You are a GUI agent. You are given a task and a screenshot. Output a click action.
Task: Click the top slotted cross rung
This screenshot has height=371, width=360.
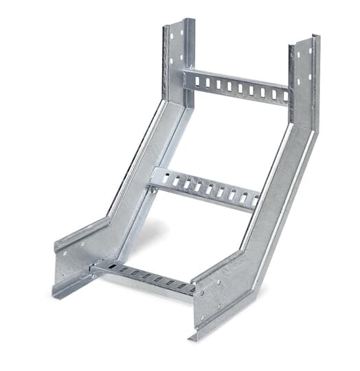coord(237,86)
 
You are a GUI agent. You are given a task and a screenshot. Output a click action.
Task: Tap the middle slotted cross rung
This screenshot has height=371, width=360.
coord(206,187)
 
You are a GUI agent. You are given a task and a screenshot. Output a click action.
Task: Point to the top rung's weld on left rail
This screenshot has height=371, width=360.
coord(188,77)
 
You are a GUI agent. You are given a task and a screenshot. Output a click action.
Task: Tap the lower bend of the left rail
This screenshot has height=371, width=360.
coord(110,223)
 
